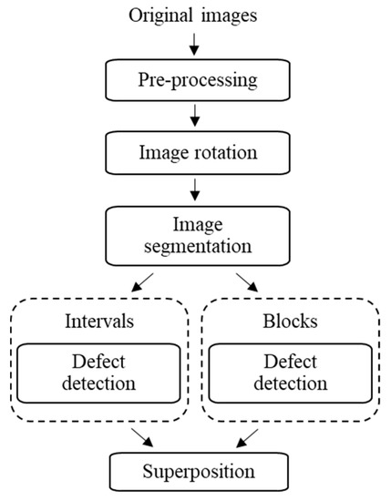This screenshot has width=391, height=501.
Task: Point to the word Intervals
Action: pos(99,321)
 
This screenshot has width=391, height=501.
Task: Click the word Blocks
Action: pos(291,321)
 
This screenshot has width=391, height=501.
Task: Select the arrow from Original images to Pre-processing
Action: pos(194,45)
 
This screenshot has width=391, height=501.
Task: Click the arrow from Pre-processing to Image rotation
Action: pos(194,114)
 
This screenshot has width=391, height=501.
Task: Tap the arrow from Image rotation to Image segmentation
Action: pos(194,187)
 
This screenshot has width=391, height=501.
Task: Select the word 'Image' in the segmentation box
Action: pos(194,221)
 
